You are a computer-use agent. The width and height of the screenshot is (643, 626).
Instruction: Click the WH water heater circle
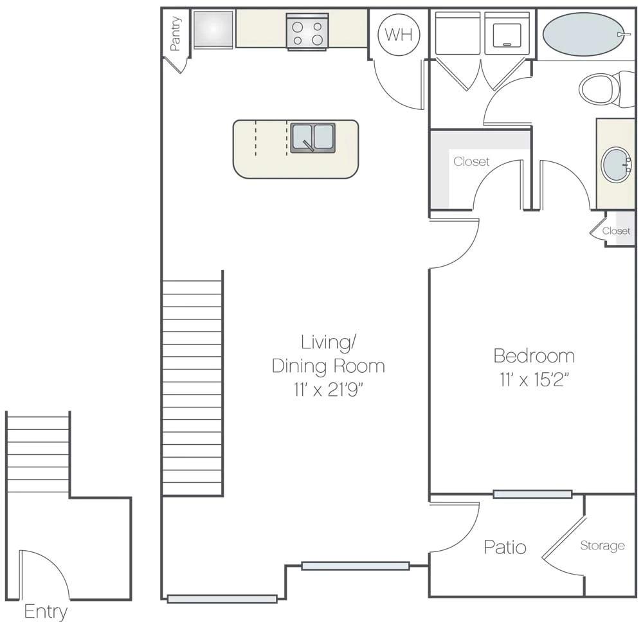click(399, 35)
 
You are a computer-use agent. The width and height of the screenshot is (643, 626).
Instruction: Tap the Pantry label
click(176, 33)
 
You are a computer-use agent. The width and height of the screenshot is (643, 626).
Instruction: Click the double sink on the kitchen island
click(313, 138)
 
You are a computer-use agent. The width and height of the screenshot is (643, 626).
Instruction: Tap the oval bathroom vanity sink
click(616, 165)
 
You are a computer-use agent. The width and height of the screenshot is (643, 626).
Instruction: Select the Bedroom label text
click(534, 355)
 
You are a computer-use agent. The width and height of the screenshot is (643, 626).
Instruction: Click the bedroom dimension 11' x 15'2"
click(534, 379)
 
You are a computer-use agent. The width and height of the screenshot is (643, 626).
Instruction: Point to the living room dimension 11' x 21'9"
click(328, 389)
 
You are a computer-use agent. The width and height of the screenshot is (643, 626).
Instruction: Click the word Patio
click(505, 547)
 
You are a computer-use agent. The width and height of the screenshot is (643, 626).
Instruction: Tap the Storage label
click(602, 546)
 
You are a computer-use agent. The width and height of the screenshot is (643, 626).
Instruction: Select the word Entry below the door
click(45, 611)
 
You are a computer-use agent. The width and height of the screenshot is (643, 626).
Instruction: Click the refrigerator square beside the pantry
click(213, 30)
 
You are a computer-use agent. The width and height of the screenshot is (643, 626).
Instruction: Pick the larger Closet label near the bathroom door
click(471, 161)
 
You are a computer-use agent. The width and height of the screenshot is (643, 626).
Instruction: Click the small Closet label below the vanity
click(616, 231)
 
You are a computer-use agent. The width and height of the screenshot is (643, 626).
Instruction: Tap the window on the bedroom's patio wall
click(532, 494)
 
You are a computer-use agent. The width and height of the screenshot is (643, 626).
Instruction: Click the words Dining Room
click(328, 366)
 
